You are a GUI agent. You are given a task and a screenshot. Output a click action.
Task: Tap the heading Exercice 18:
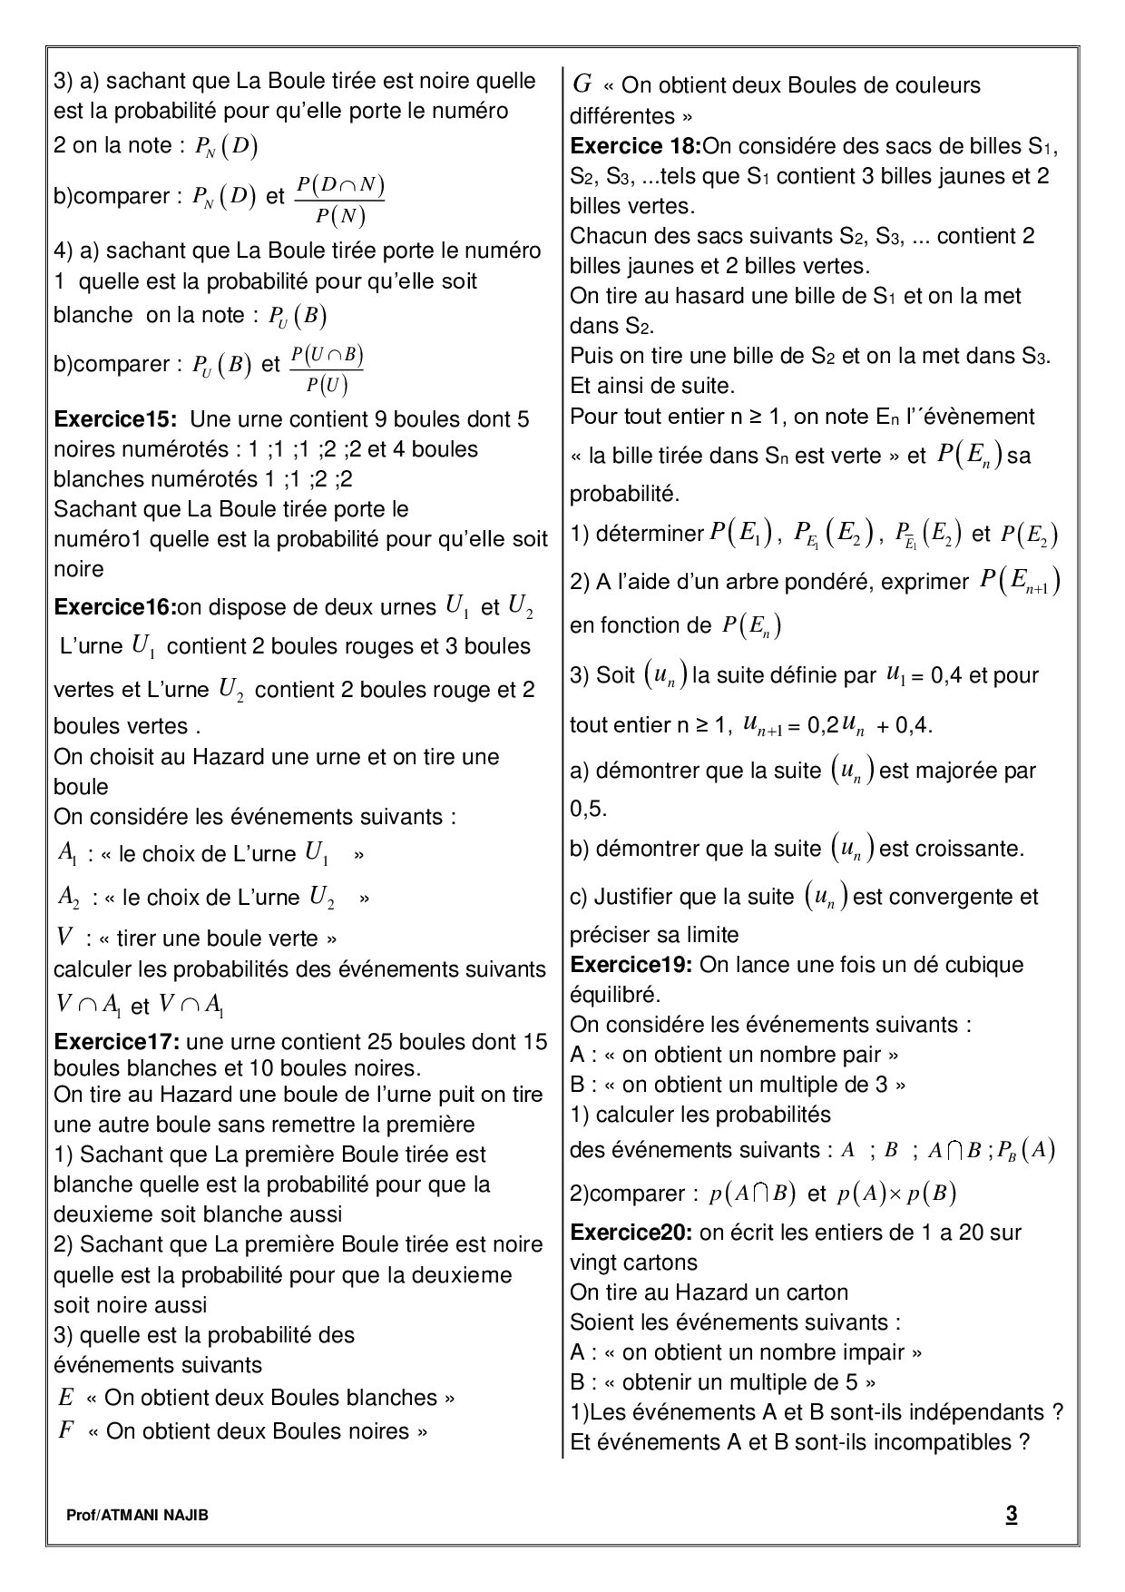click(x=635, y=145)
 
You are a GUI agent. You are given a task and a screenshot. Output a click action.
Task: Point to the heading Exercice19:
click(x=631, y=965)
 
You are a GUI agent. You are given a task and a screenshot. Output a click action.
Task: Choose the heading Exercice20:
click(x=631, y=1233)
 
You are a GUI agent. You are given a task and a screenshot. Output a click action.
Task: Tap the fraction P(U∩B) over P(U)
click(x=328, y=369)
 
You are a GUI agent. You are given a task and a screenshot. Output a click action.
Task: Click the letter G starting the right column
click(x=582, y=84)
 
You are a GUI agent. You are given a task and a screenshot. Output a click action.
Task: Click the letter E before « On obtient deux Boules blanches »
click(x=64, y=1397)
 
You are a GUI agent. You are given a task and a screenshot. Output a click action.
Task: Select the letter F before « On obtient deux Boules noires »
click(x=64, y=1431)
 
